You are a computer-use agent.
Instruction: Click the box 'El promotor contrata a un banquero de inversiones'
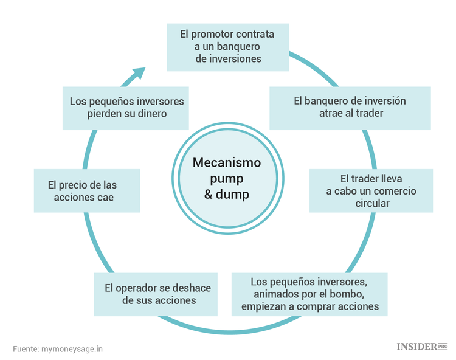228,46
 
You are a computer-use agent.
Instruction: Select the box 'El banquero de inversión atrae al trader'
350,107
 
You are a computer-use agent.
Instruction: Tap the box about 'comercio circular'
371,190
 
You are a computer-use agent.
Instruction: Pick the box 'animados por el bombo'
309,294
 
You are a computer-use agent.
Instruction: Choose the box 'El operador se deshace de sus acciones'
159,294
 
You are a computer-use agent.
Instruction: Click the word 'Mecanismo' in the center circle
227,163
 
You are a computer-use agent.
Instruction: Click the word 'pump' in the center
227,179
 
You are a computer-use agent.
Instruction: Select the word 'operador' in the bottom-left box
144,288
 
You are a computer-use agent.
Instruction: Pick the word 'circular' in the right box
371,202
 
